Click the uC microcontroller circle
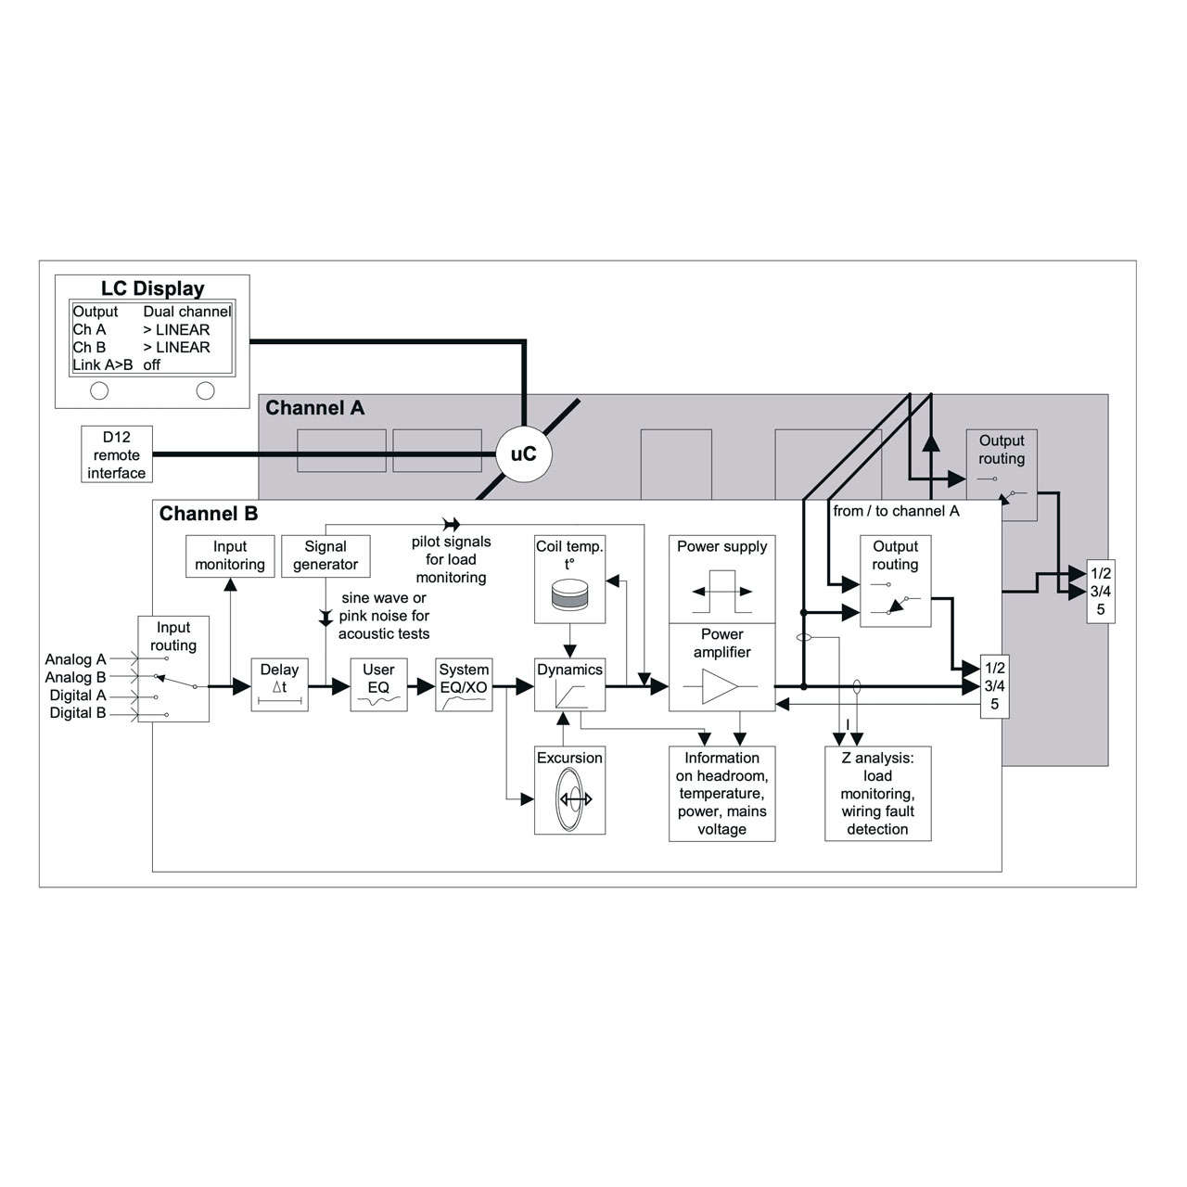pos(524,454)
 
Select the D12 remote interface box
pos(117,454)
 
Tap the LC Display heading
pos(152,288)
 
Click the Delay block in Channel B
pos(280,685)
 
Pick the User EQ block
pos(379,685)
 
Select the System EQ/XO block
pos(464,685)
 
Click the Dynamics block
pos(569,685)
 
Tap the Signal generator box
pos(325,556)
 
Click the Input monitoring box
pos(230,556)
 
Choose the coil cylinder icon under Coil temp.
pos(569,594)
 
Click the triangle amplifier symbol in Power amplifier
pos(720,686)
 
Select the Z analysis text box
pos(878,794)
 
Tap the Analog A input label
pos(76,659)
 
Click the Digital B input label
pos(78,713)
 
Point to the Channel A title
pos(314,408)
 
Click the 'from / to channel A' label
pos(896,511)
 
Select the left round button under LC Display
pos(99,390)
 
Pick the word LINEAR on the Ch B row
pos(183,348)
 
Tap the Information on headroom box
pos(721,794)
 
